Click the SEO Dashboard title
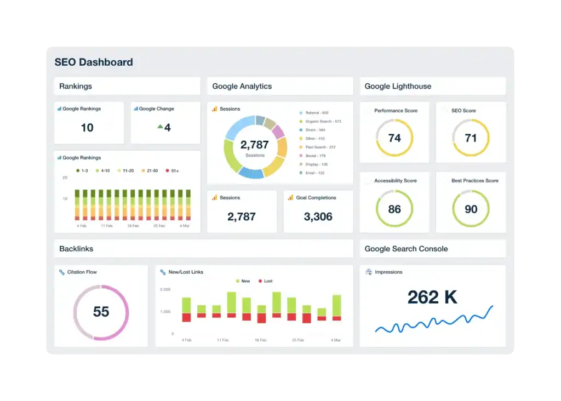pyautogui.click(x=94, y=62)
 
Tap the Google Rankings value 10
pyautogui.click(x=87, y=128)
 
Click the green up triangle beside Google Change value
pyautogui.click(x=160, y=127)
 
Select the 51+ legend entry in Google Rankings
pyautogui.click(x=172, y=171)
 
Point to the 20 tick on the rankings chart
pyautogui.click(x=65, y=177)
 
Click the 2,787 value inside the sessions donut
pyautogui.click(x=255, y=145)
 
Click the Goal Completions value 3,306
pyautogui.click(x=318, y=216)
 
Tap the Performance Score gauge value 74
pyautogui.click(x=394, y=138)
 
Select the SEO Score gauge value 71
pyautogui.click(x=471, y=138)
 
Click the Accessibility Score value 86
pyautogui.click(x=394, y=209)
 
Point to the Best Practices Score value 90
pyautogui.click(x=471, y=209)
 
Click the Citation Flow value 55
pyautogui.click(x=101, y=312)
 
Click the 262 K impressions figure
pyautogui.click(x=432, y=297)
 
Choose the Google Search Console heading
pyautogui.click(x=406, y=249)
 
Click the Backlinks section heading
pyautogui.click(x=76, y=249)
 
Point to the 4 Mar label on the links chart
pyautogui.click(x=335, y=340)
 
